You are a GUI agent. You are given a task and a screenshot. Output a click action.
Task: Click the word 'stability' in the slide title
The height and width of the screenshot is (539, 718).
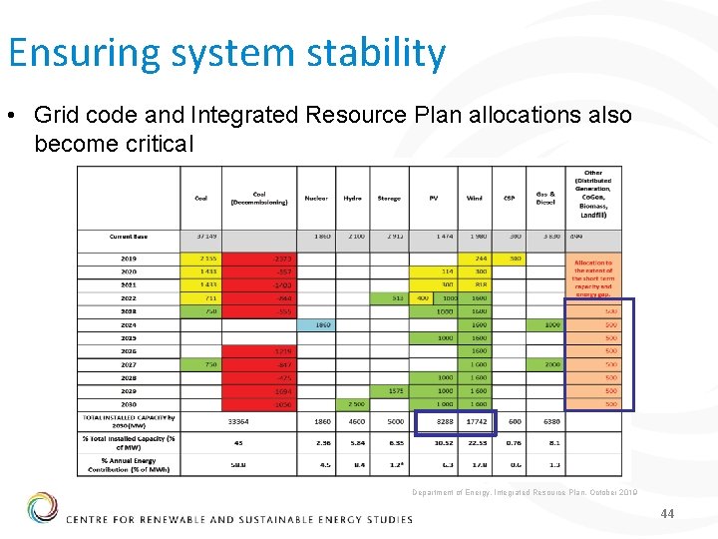(x=382, y=52)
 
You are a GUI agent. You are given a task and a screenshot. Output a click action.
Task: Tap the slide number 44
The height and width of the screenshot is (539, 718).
(x=667, y=513)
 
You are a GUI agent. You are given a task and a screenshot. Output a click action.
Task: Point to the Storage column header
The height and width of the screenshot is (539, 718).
(x=389, y=199)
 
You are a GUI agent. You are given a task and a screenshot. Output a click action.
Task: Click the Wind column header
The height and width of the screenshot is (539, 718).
(x=475, y=199)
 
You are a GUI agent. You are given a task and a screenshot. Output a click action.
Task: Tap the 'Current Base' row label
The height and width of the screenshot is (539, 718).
(x=129, y=237)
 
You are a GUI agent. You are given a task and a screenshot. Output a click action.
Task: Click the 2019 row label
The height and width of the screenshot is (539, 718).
(x=129, y=259)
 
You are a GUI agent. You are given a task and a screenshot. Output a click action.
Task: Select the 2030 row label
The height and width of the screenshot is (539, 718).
(x=129, y=404)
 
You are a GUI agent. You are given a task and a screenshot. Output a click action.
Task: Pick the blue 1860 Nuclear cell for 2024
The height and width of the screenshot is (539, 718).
(x=321, y=324)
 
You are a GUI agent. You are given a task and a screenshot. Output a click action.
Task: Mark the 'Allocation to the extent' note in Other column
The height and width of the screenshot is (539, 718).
(x=593, y=278)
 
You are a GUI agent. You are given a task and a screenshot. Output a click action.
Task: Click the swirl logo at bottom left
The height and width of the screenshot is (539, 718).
(x=42, y=508)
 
